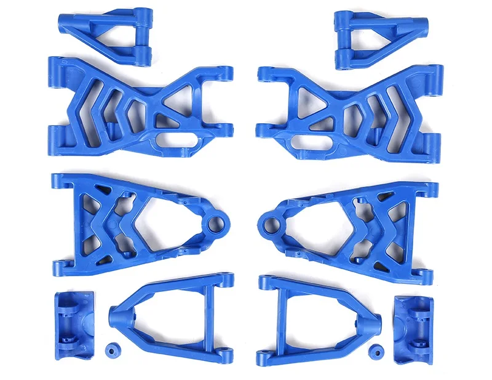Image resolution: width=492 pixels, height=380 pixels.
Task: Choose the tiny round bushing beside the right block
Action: (375, 350)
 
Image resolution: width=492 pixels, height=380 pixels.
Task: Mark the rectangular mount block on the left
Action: (73, 320)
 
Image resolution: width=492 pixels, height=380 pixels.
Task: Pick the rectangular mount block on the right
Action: (413, 325)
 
